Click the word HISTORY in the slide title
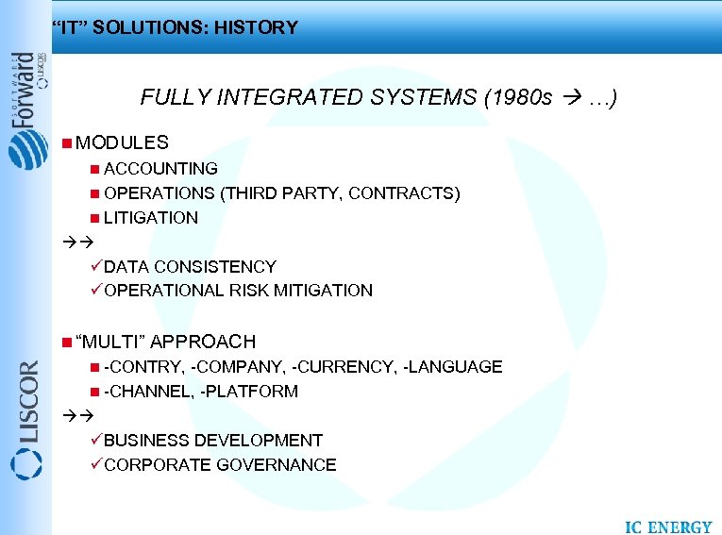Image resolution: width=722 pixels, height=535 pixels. pos(256,27)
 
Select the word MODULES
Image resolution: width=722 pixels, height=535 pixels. pos(122,143)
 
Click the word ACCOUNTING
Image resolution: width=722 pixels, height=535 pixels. pos(160,169)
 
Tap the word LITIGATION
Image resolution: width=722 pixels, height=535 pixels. pos(151,218)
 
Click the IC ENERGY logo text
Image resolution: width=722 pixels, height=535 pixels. pos(668,527)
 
